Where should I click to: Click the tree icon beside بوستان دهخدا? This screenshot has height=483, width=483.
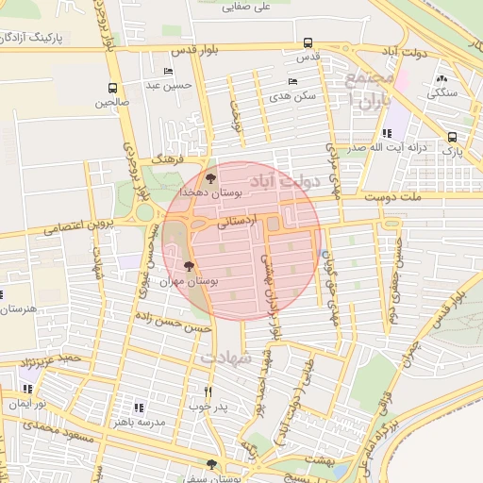[x=210, y=176]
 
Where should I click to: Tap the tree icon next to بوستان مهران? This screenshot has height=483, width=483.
[x=189, y=267]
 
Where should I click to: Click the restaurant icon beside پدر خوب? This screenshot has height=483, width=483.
[x=208, y=391]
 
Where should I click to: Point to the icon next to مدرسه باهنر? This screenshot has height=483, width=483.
[x=138, y=408]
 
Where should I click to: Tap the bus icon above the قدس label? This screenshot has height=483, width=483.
[x=308, y=42]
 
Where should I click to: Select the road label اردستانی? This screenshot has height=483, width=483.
[x=236, y=225]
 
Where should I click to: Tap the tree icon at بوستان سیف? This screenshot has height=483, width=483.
[x=210, y=463]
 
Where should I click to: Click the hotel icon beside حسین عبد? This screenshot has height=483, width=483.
[x=168, y=72]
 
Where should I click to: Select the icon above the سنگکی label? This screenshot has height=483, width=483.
[x=441, y=78]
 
